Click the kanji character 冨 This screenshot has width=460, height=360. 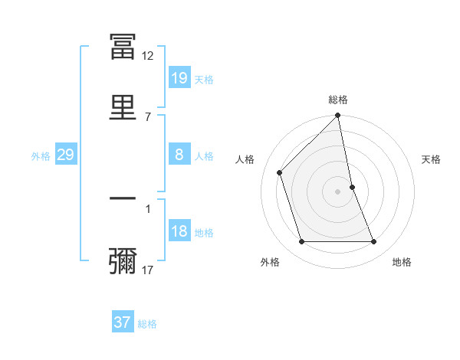[x=123, y=48]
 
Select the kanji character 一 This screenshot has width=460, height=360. [x=123, y=200]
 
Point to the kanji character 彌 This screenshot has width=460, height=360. [x=123, y=261]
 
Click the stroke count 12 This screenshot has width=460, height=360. [x=148, y=56]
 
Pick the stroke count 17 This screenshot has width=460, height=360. [x=148, y=270]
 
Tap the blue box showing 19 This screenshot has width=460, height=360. [x=179, y=78]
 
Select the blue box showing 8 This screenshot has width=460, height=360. [x=179, y=155]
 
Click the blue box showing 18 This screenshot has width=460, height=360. [x=179, y=231]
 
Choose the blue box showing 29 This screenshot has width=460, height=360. [x=65, y=155]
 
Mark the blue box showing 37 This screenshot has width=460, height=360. [x=123, y=322]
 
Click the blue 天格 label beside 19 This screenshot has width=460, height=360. [x=204, y=79]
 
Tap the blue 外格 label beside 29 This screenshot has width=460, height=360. [x=41, y=155]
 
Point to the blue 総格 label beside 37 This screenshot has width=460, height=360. [x=147, y=323]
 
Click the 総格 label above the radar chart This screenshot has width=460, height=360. [x=338, y=100]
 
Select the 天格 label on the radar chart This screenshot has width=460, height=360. [x=431, y=159]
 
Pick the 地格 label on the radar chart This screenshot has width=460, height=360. [x=402, y=262]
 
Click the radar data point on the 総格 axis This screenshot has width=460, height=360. [x=338, y=116]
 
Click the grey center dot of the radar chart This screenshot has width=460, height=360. [x=338, y=191]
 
